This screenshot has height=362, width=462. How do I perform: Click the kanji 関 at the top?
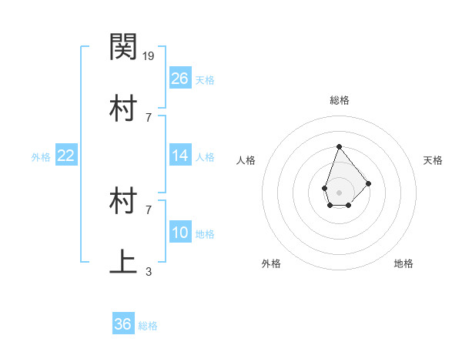pyautogui.click(x=123, y=48)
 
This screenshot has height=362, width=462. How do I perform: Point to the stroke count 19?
pyautogui.click(x=149, y=55)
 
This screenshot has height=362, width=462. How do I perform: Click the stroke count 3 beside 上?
pyautogui.click(x=149, y=271)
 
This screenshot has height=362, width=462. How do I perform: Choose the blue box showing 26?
pyautogui.click(x=180, y=79)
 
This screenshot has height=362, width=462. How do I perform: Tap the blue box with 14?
pyautogui.click(x=180, y=156)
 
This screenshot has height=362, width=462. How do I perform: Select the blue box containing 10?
pyautogui.click(x=180, y=233)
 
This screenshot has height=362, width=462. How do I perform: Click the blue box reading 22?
pyautogui.click(x=66, y=156)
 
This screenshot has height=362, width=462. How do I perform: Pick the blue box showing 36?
pyautogui.click(x=123, y=324)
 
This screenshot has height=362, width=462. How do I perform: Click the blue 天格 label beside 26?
pyautogui.click(x=205, y=80)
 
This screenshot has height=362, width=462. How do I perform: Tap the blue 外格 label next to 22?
pyautogui.click(x=41, y=157)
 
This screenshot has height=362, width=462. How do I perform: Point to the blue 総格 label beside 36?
pyautogui.click(x=148, y=326)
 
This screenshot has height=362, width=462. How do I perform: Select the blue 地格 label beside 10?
pyautogui.click(x=205, y=234)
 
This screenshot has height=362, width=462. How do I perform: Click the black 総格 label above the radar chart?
pyautogui.click(x=339, y=100)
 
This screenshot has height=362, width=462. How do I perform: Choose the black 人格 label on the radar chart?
pyautogui.click(x=246, y=160)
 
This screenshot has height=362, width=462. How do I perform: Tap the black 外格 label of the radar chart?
pyautogui.click(x=271, y=263)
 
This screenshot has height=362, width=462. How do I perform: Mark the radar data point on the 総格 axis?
pyautogui.click(x=339, y=146)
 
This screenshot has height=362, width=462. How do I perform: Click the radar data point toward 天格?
pyautogui.click(x=369, y=183)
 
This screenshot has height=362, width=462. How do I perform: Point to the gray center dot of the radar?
pyautogui.click(x=339, y=191)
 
